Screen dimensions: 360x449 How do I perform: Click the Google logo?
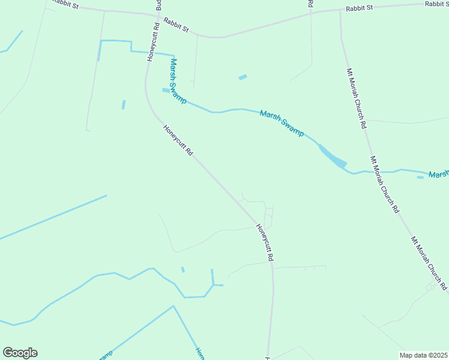click(20, 353)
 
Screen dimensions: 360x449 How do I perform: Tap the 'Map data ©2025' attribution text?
click(423, 355)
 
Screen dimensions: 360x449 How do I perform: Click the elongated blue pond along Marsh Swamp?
click(332, 156)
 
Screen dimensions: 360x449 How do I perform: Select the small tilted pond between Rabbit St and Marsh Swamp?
click(243, 77)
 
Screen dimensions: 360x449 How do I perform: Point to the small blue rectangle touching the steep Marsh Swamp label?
click(165, 91)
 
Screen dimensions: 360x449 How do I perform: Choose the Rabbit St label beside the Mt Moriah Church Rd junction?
click(360, 8)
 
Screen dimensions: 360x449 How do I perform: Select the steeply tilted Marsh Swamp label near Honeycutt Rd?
click(178, 80)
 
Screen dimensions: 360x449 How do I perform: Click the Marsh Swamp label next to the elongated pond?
click(282, 123)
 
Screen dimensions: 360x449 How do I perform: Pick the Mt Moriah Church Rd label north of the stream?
click(357, 99)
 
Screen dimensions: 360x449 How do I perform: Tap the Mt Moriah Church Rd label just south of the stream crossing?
click(384, 185)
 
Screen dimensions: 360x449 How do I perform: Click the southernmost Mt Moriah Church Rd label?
click(429, 263)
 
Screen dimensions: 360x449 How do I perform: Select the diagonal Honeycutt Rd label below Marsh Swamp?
click(178, 140)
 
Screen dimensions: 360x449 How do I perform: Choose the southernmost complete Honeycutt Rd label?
click(265, 242)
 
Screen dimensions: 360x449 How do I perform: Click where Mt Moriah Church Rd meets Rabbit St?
click(340, 10)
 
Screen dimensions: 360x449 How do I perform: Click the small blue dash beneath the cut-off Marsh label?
click(420, 177)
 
